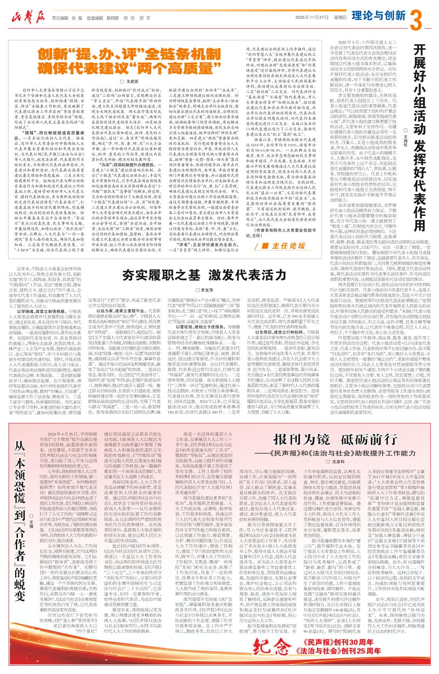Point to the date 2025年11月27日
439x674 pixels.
pos(312,18)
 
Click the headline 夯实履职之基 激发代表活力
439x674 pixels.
pos(204,275)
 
